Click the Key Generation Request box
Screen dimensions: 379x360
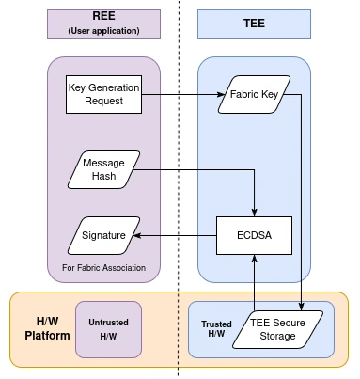click(103, 94)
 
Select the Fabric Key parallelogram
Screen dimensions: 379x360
click(255, 95)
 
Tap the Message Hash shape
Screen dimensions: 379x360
click(103, 169)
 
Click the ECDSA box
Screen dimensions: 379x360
click(254, 235)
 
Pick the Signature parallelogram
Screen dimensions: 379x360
click(103, 235)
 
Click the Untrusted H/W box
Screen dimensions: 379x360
click(108, 329)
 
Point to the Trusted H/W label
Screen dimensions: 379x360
click(215, 329)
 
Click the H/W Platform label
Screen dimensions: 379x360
click(40, 328)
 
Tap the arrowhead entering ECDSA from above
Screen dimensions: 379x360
click(254, 212)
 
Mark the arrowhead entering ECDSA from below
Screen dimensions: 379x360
click(254, 259)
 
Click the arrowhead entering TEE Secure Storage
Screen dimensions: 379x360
click(300, 306)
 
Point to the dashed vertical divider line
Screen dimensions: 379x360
click(180, 188)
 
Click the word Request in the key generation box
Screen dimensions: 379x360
click(103, 102)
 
